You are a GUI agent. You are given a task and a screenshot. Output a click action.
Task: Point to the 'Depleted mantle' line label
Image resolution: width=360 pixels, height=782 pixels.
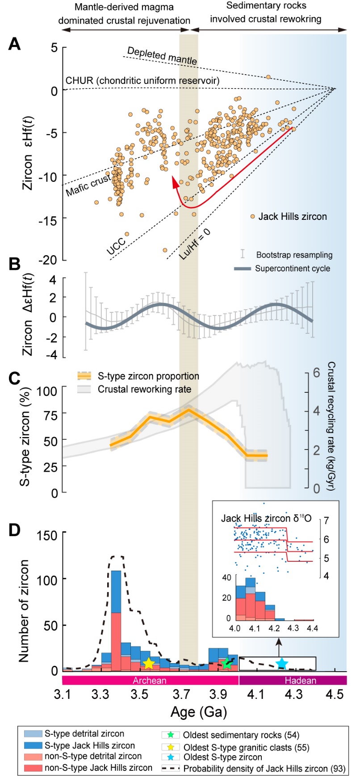click(162, 55)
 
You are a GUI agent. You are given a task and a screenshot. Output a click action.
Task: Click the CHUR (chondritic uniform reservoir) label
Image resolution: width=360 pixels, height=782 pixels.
click(142, 81)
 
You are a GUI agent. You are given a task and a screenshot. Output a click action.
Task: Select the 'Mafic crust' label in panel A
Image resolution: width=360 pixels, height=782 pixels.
click(88, 185)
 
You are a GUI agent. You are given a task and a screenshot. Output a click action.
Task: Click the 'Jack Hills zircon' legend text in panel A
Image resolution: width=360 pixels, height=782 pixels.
click(293, 217)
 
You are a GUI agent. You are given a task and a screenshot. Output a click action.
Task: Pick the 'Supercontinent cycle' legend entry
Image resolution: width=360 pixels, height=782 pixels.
click(293, 269)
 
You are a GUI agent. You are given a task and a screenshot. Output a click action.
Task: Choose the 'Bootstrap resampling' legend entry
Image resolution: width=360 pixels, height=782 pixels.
click(294, 255)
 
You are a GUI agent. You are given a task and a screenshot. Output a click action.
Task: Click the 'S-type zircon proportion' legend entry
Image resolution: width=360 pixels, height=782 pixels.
click(148, 376)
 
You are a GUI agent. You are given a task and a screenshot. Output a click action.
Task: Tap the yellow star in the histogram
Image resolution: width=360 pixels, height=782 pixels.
click(149, 664)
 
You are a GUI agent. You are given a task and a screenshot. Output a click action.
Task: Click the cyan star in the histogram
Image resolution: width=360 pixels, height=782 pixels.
click(281, 663)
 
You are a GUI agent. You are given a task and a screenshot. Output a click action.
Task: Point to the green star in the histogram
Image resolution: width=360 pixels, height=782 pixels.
click(227, 664)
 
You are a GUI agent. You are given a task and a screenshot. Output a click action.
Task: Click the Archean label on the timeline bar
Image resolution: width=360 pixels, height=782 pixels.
click(150, 681)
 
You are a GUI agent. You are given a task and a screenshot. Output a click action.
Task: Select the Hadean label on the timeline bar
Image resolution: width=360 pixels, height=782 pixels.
click(300, 681)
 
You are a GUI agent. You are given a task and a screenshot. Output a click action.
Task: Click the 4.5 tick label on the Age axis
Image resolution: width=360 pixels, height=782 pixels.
click(335, 695)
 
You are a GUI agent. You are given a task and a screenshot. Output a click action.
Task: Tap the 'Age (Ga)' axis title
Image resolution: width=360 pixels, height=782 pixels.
click(199, 712)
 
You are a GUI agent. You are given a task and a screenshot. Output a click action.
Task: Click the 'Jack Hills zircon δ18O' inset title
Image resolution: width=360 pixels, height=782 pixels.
click(266, 518)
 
